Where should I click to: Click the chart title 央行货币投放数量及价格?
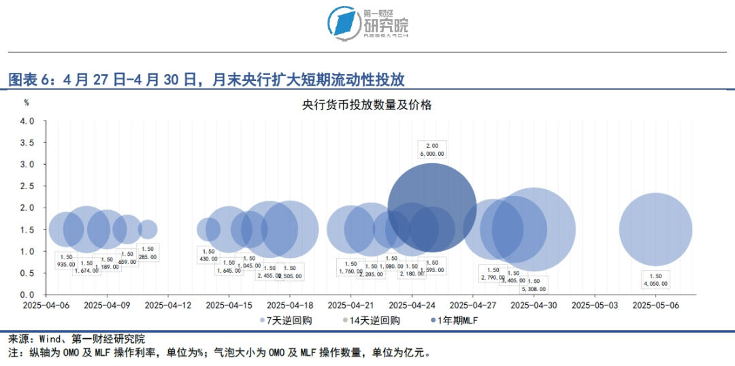point(367,105)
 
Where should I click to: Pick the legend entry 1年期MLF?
point(457,320)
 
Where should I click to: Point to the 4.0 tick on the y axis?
point(27,121)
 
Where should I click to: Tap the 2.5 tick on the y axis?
point(27,186)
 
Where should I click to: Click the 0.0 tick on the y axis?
point(27,295)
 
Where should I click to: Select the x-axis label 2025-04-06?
point(47,305)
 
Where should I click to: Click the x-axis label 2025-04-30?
point(534,305)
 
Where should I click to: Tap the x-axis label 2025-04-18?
point(290,305)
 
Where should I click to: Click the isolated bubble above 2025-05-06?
point(655,229)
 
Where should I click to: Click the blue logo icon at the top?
point(344,24)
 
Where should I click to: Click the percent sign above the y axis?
point(27,103)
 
